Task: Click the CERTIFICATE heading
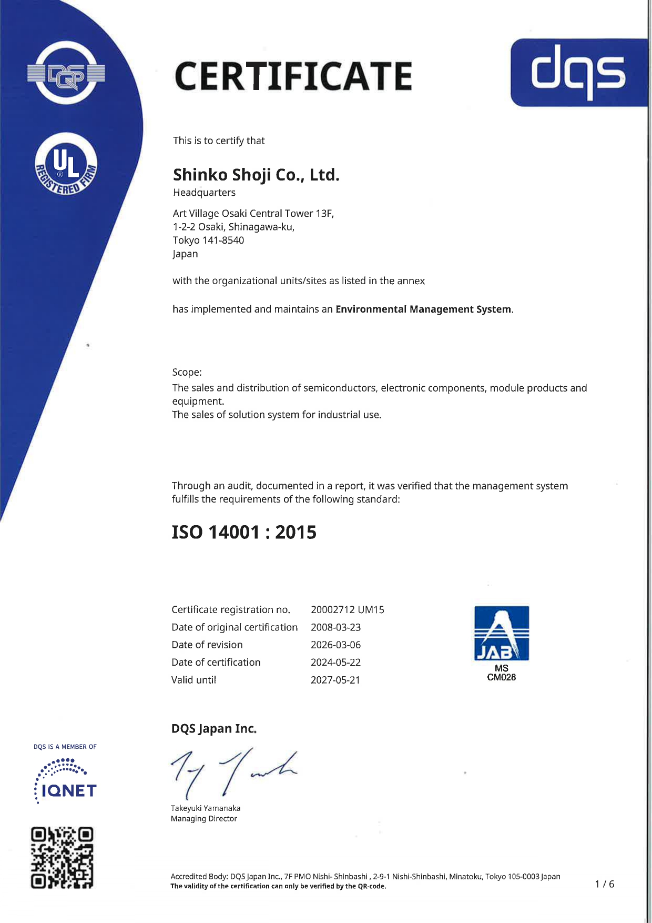coord(293,76)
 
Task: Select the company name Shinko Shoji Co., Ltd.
coord(256,175)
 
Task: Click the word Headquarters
coord(204,193)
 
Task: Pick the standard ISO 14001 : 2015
coord(244,533)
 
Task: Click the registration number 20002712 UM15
coord(347,610)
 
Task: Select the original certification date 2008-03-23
coord(335,627)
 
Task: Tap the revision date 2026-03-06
coord(335,645)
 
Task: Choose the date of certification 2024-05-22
coord(335,663)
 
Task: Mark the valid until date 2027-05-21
coord(335,680)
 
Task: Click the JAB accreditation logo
coord(501,633)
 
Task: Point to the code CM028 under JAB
coord(501,677)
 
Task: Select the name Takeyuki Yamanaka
coord(206,808)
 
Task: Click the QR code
coord(62,858)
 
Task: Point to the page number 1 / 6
coord(604,884)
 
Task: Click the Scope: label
coord(187,373)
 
